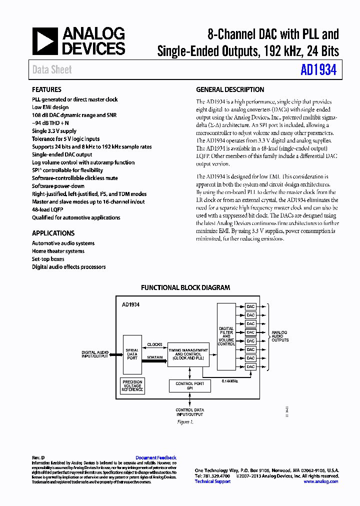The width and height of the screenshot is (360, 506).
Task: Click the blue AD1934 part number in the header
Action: pyautogui.click(x=318, y=70)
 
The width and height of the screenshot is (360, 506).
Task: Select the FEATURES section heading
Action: pyautogui.click(x=46, y=89)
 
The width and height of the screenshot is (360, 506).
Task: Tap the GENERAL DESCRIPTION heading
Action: pyautogui.click(x=230, y=89)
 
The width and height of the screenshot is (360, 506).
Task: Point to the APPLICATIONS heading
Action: pyautogui.click(x=53, y=233)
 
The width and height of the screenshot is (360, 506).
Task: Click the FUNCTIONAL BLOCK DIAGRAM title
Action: pyautogui.click(x=185, y=287)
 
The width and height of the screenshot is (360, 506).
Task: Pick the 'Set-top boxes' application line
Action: pyautogui.click(x=48, y=259)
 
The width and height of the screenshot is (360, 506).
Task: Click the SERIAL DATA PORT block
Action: pyautogui.click(x=132, y=354)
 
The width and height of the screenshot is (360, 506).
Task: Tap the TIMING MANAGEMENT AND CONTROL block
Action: pyautogui.click(x=188, y=354)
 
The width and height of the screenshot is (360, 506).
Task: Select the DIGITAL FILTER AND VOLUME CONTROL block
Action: pyautogui.click(x=226, y=336)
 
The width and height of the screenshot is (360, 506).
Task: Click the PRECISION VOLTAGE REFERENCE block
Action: pyautogui.click(x=132, y=385)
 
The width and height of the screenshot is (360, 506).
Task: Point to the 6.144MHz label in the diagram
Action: pyautogui.click(x=229, y=381)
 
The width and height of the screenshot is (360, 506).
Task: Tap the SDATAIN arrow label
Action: pyautogui.click(x=154, y=357)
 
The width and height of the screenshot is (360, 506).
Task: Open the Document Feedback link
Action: pyautogui.click(x=155, y=457)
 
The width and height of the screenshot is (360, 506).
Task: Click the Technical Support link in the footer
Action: pyautogui.click(x=212, y=481)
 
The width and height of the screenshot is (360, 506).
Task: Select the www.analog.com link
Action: pyautogui.click(x=320, y=481)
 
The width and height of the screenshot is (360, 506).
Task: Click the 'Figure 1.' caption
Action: pyautogui.click(x=185, y=422)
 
